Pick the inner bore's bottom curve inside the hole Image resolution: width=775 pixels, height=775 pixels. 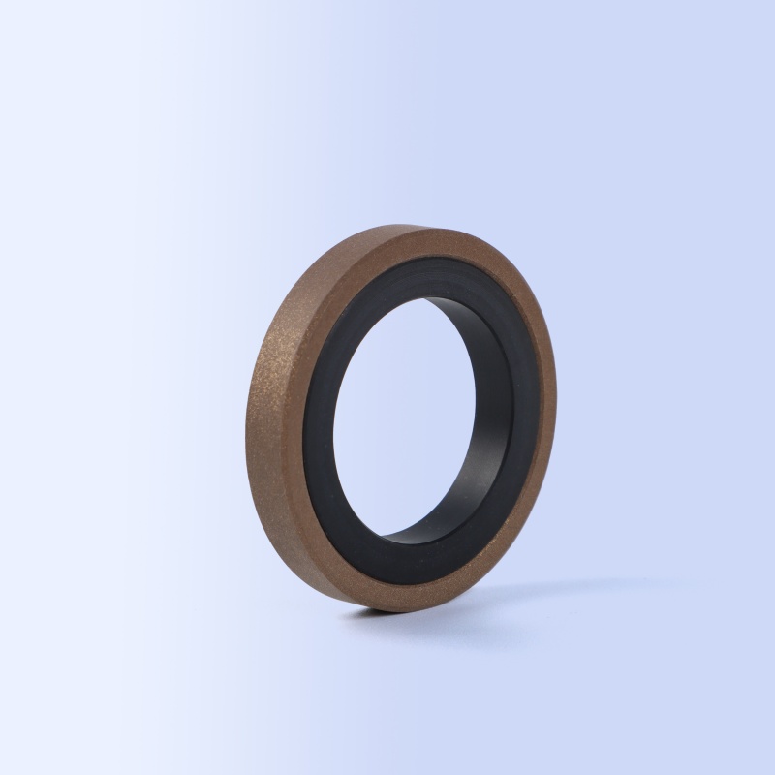click(x=426, y=528)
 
